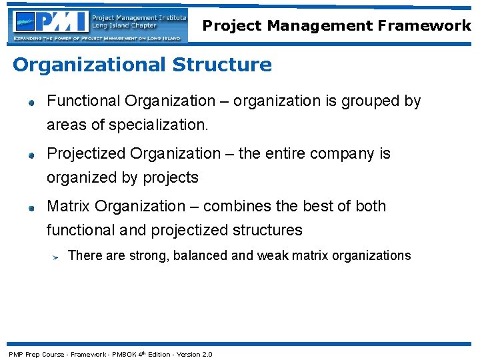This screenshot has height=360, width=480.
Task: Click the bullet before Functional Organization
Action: click(x=31, y=103)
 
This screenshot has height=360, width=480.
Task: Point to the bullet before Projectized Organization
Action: click(x=31, y=155)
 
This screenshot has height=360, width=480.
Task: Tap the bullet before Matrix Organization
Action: click(x=31, y=208)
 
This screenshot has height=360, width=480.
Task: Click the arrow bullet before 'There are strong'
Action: click(x=57, y=256)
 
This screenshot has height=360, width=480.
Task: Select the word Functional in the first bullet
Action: click(x=83, y=101)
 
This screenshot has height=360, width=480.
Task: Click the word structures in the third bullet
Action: click(x=267, y=231)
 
